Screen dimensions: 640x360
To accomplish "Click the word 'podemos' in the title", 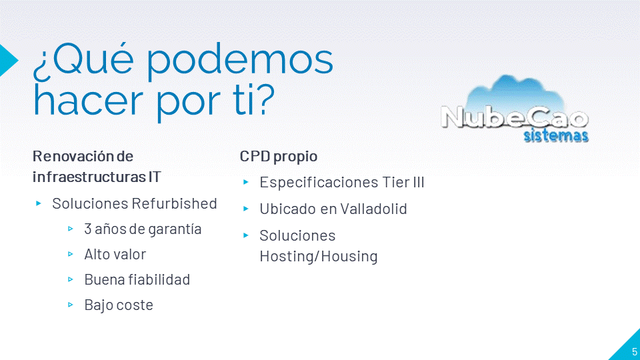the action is (239, 62).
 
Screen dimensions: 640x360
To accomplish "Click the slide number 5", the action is (634, 352).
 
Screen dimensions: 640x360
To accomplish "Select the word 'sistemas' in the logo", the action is (556, 135).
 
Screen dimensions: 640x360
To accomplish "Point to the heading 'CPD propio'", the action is (279, 157).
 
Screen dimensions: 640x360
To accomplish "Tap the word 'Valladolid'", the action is (373, 209).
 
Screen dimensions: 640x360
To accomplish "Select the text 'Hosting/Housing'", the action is (319, 256).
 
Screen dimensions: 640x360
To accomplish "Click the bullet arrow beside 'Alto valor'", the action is (71, 254).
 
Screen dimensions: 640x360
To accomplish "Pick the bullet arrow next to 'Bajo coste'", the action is (71, 305).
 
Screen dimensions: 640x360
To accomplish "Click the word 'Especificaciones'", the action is (319, 183).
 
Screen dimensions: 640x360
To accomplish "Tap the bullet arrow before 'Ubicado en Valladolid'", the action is (246, 209).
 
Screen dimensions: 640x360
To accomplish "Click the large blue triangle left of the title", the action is (8, 60).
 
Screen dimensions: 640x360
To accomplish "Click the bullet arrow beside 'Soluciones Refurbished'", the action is (39, 203).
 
